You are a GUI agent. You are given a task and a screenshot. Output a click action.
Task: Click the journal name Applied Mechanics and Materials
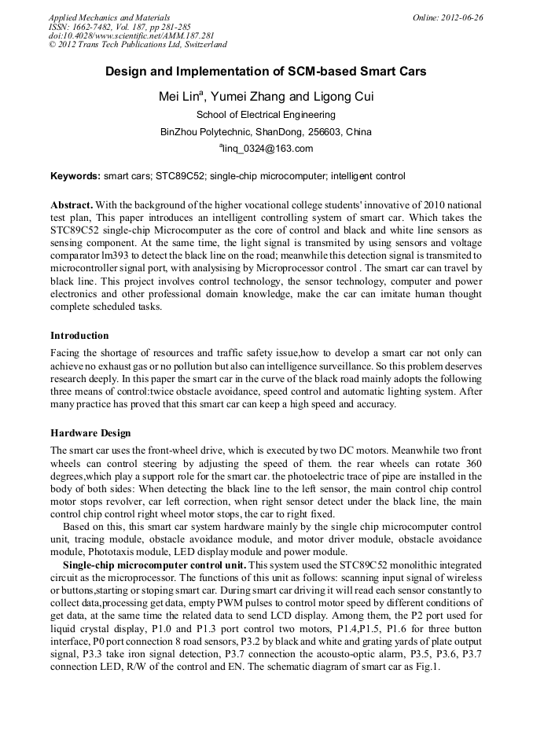coord(108,17)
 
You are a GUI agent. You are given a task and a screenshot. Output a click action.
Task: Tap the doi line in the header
coord(131,35)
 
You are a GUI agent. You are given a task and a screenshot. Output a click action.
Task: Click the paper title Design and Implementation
coord(266,72)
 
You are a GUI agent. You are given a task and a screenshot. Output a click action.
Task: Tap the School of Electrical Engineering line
coord(266,115)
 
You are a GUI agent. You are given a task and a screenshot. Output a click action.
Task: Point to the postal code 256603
coord(325,131)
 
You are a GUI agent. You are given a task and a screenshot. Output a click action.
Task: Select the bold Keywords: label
coord(75,176)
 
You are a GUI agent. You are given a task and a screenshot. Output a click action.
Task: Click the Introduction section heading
coord(79,335)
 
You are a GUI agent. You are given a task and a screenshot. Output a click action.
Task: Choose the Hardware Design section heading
coord(90,433)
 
